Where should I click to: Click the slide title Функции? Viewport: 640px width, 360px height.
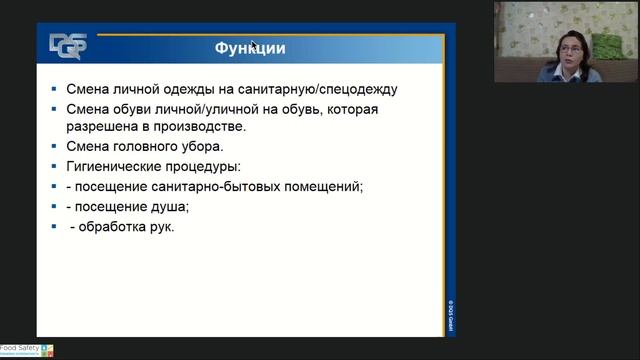(251, 48)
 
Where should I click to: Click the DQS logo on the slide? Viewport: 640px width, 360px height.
(68, 46)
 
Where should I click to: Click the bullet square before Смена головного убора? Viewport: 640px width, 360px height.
(55, 147)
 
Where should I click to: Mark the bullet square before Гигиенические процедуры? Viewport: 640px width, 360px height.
(55, 167)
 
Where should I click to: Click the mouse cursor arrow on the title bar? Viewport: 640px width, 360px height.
(254, 45)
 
